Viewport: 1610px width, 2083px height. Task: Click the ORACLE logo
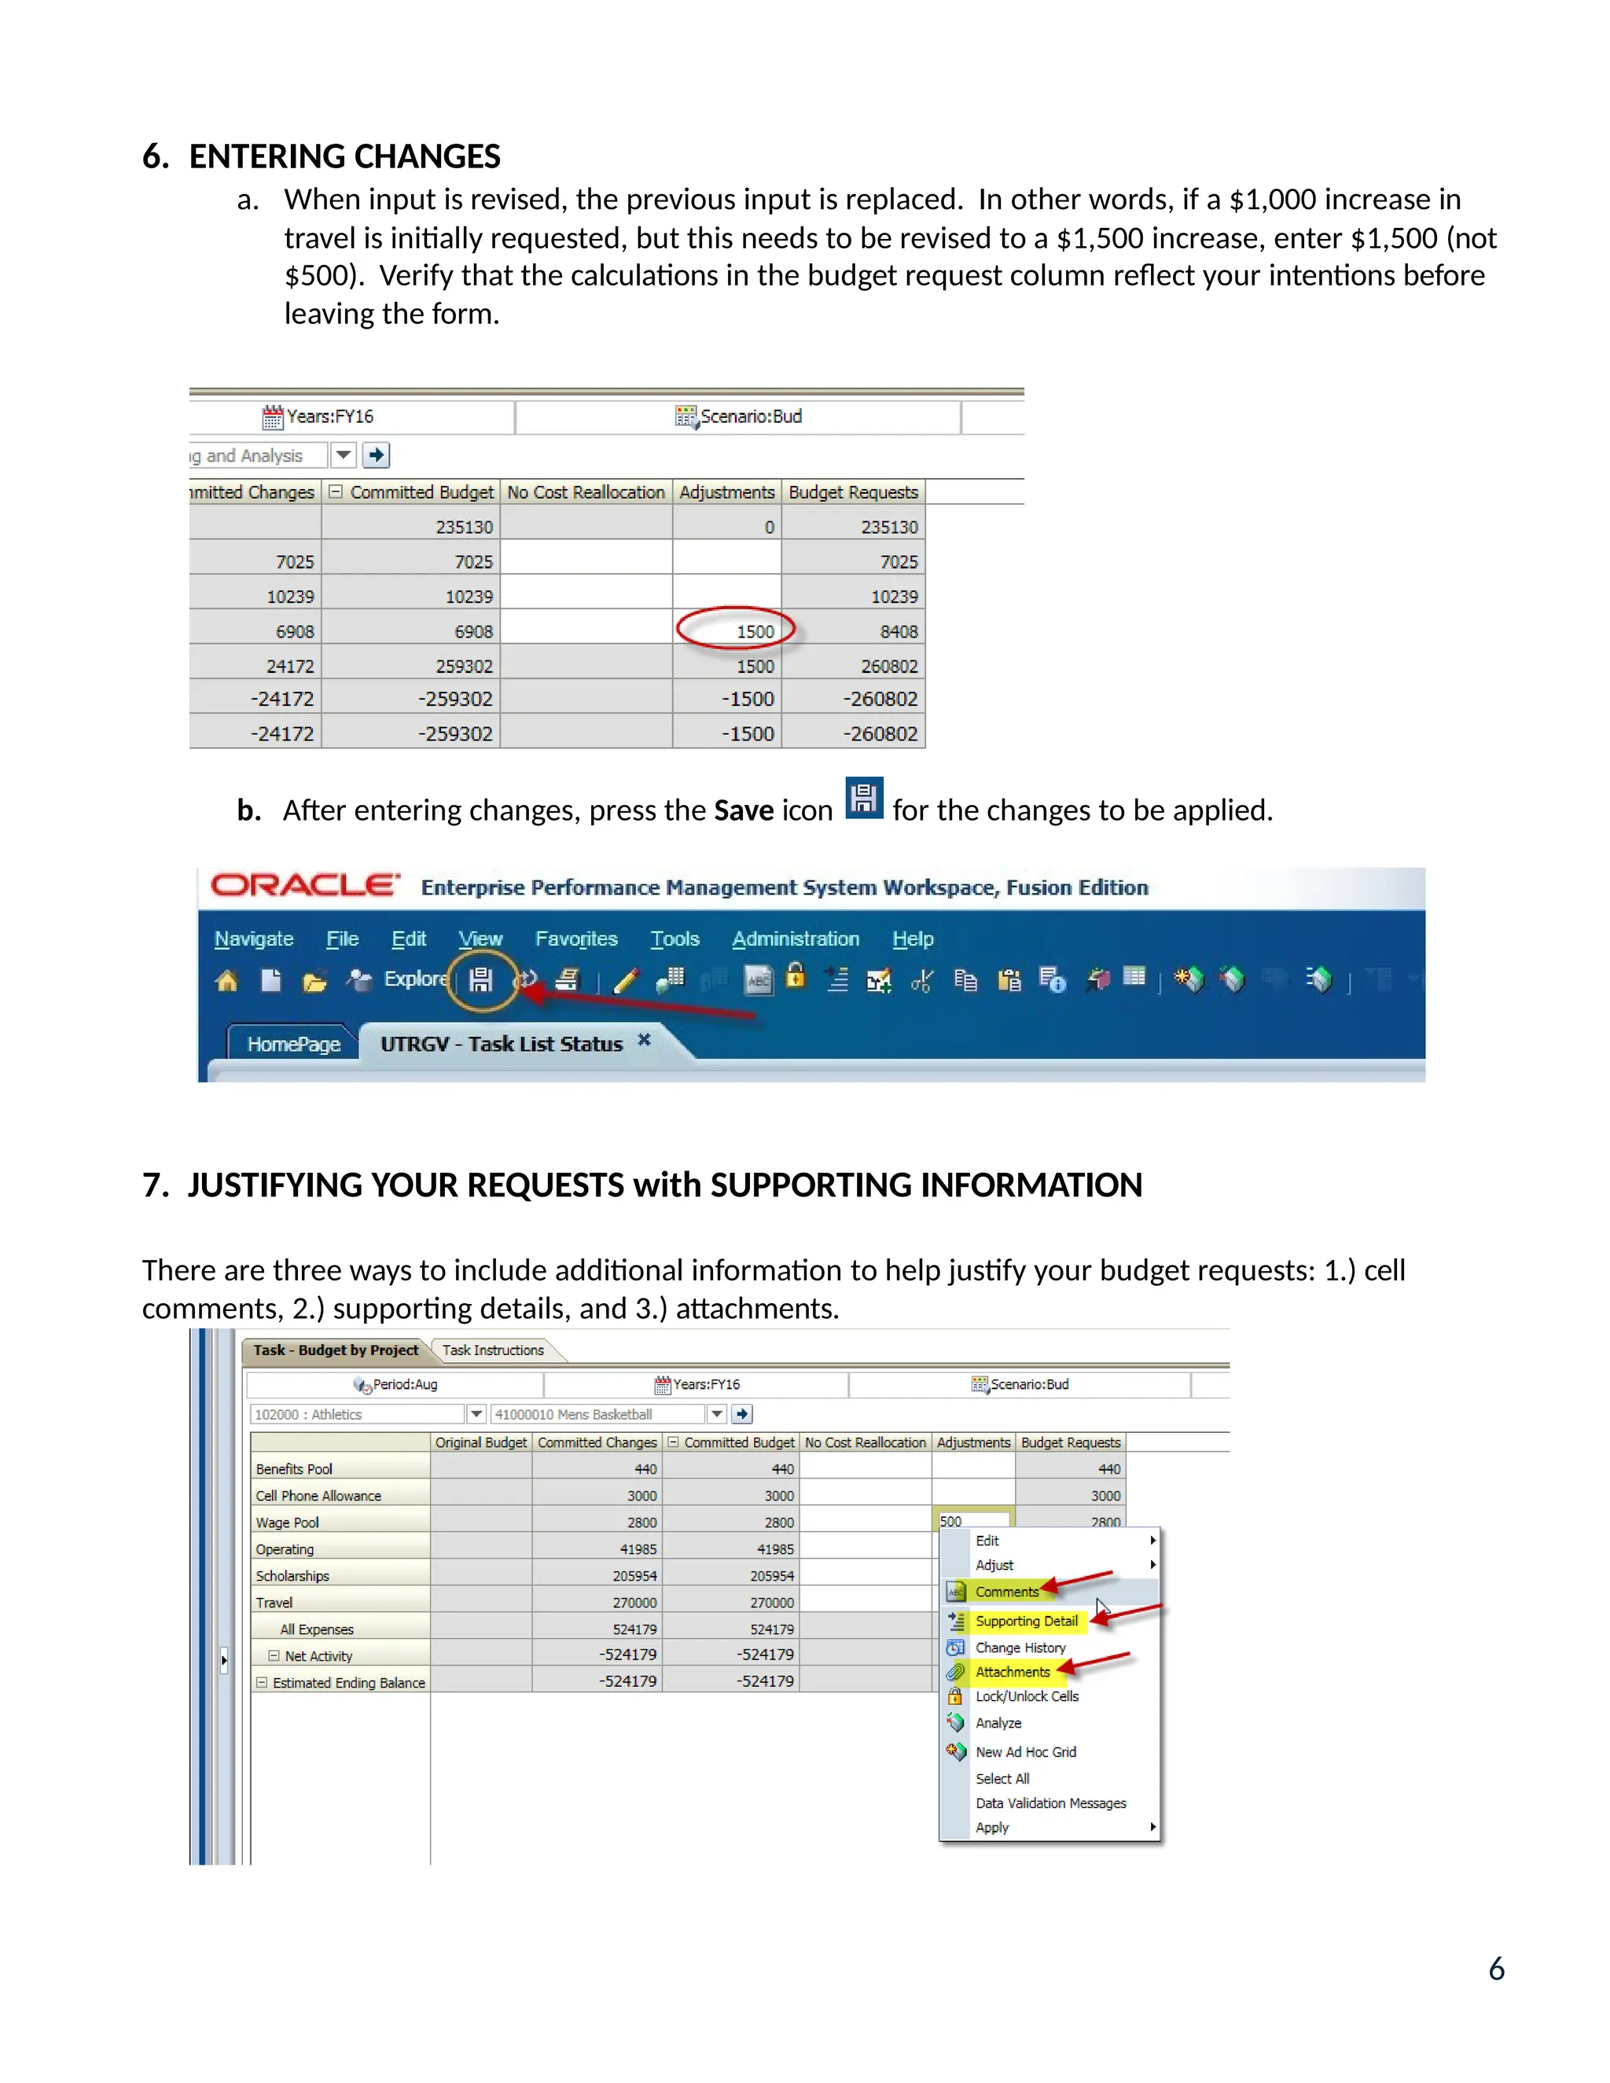tap(304, 885)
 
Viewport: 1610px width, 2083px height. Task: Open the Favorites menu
tap(576, 939)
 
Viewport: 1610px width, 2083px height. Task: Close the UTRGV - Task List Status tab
tap(644, 1040)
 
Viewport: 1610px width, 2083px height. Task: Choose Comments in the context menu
tap(1006, 1592)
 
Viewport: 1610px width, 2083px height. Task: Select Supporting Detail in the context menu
tap(1025, 1621)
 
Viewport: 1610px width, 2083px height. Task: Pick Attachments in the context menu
tap(1012, 1672)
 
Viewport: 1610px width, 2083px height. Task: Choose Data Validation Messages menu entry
tap(1050, 1803)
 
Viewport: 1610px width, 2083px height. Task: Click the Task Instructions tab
tap(492, 1350)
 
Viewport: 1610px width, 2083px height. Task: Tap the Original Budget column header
tap(480, 1443)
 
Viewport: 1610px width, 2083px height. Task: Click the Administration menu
tap(796, 939)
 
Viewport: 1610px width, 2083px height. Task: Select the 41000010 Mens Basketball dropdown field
tap(599, 1414)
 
